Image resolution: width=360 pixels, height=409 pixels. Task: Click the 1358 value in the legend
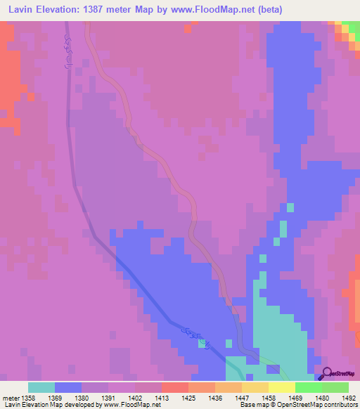coord(29,397)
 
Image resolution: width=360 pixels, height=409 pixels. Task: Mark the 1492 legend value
coord(349,397)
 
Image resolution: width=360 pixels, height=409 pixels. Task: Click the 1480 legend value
coord(323,397)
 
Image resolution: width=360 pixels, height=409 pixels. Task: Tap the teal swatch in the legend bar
coord(41,387)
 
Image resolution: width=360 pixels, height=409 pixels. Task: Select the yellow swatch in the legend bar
coord(281,387)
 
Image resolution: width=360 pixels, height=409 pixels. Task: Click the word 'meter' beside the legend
coord(11,397)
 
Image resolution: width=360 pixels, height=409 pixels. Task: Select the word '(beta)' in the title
coord(283,9)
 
